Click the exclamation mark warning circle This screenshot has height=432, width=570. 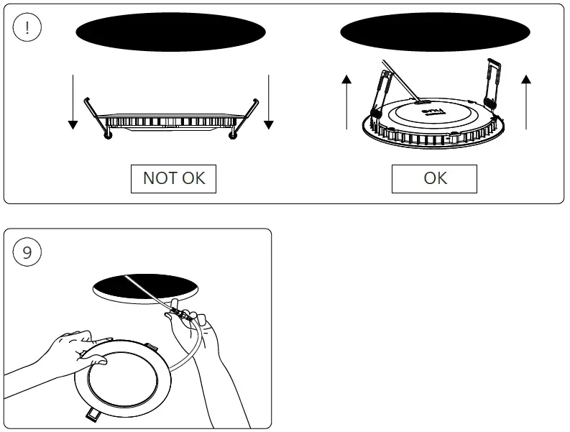click(x=27, y=28)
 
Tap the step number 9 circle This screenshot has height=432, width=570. click(x=27, y=252)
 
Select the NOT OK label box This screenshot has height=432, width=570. click(x=173, y=178)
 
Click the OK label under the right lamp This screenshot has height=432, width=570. click(x=434, y=178)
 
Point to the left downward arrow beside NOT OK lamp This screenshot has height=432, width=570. click(x=73, y=101)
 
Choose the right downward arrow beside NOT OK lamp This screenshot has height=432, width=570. click(x=268, y=101)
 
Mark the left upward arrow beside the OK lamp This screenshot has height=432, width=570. click(x=347, y=101)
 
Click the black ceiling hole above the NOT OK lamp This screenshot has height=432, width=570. click(x=170, y=32)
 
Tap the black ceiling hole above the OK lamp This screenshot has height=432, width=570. click(x=435, y=32)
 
